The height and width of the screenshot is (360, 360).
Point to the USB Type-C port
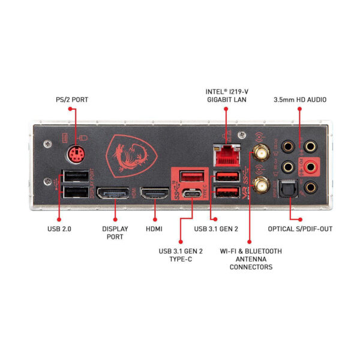coord(193,194)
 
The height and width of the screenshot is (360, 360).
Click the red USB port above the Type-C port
coord(193,176)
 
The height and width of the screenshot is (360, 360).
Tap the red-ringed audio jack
coord(311,166)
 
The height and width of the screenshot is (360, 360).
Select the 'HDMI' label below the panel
coord(154,229)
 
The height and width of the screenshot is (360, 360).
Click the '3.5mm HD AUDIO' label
coord(300,99)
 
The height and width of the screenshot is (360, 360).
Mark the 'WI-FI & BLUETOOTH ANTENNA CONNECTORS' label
coord(251,259)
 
